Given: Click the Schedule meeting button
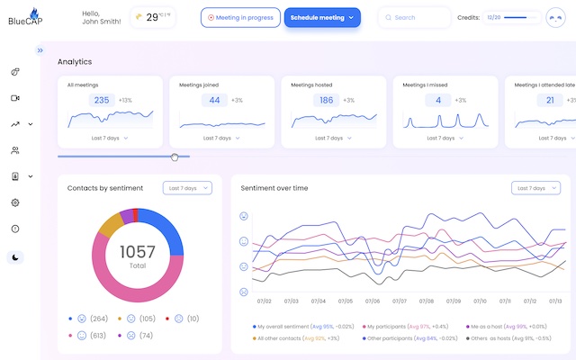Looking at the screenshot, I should (x=322, y=17).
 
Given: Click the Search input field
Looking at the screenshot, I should (x=416, y=17).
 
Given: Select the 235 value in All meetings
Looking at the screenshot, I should (x=102, y=100).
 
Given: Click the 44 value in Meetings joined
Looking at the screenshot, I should (x=214, y=100).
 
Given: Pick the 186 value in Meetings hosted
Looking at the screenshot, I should (x=325, y=100).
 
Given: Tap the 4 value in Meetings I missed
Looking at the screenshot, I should (x=438, y=100).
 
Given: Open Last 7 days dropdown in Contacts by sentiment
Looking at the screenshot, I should (x=187, y=188).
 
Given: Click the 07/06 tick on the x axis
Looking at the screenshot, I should (x=372, y=301).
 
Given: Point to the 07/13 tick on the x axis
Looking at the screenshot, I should (x=556, y=301).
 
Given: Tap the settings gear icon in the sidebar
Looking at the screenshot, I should (x=15, y=202).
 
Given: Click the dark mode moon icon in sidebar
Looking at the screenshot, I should (x=15, y=256).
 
